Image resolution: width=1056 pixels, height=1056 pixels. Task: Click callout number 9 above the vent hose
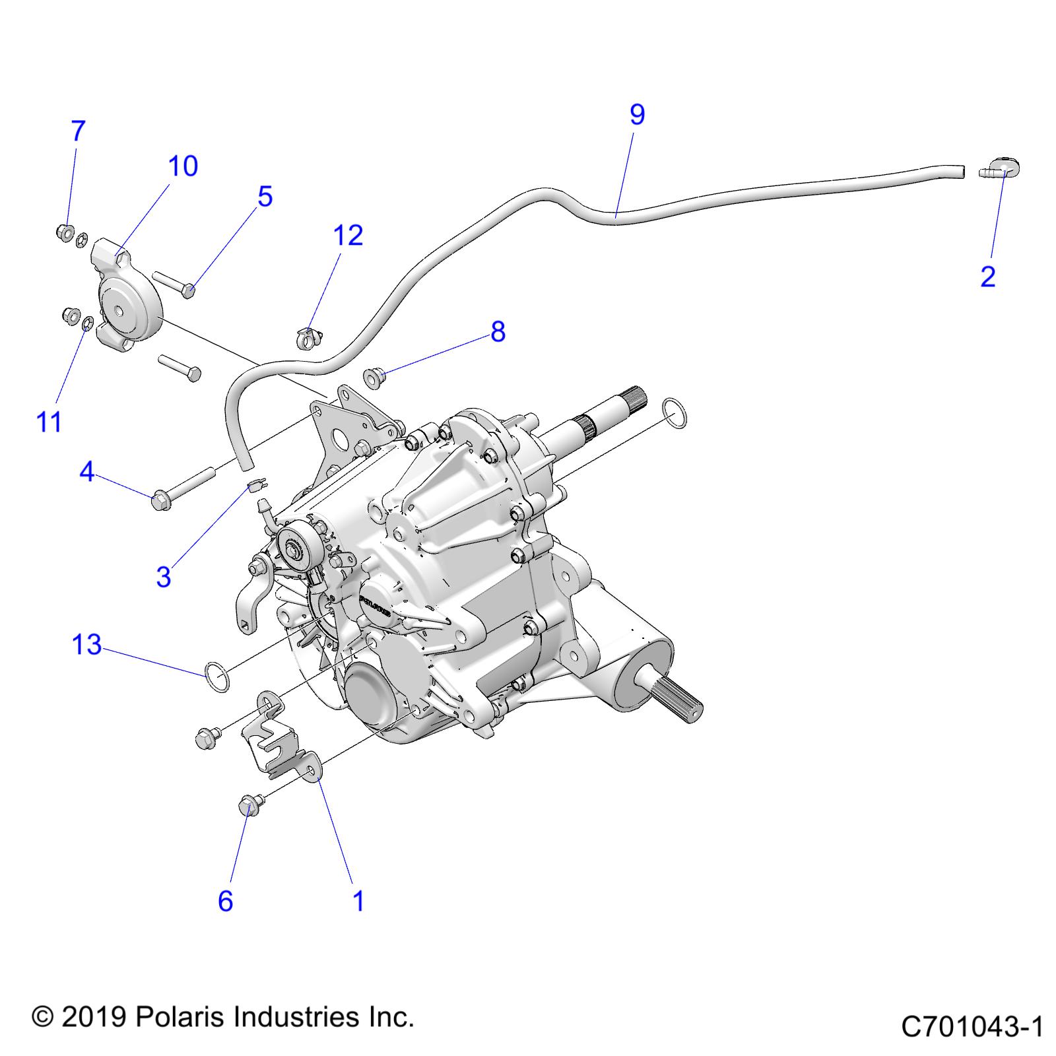637,115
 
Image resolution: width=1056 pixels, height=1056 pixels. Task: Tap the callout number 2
987,276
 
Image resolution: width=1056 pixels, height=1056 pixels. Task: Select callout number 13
86,644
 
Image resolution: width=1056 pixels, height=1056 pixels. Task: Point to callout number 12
348,235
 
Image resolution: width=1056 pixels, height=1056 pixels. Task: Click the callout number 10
183,166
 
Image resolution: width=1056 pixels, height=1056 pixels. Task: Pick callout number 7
78,131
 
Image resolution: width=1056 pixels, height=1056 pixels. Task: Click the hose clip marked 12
304,337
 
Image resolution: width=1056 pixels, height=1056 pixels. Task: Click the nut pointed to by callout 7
65,232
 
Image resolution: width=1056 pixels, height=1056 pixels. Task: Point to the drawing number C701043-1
972,1027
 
